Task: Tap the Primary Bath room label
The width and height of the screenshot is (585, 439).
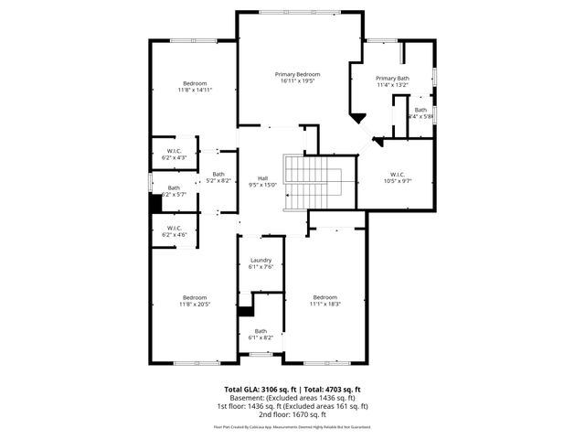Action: coord(393,79)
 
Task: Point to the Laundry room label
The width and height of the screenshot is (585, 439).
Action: coord(261,261)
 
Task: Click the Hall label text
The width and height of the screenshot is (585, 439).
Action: coord(262,178)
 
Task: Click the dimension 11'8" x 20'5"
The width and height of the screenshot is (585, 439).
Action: coord(194,305)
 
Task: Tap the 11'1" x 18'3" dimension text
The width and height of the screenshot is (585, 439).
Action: coord(325,305)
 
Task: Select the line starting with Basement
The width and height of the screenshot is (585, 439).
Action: coord(292,398)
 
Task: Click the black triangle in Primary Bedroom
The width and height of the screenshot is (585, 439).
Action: coord(359,117)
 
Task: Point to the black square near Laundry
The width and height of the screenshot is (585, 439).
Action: coord(244,311)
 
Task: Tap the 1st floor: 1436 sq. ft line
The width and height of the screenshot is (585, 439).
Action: coord(292,406)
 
